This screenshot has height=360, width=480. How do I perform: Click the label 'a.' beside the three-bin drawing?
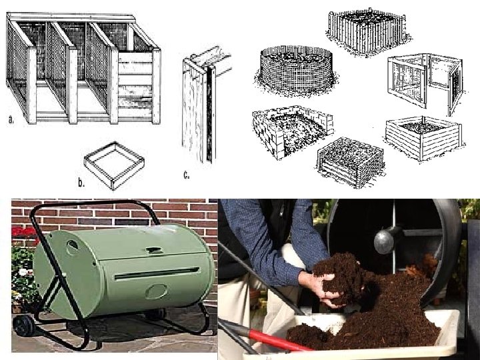pos(11,119)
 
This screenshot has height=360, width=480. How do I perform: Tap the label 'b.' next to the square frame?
pos(81,183)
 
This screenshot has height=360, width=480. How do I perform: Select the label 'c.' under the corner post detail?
pos(187,175)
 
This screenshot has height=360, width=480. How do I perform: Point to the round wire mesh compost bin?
pos(296,70)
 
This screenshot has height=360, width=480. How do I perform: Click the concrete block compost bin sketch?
pos(293,131)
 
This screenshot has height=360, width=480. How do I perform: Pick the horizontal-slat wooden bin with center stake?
pos(424,138)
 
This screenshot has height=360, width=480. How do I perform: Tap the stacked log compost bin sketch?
pos(350,161)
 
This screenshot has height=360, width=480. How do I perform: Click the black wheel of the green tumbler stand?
pos(23,326)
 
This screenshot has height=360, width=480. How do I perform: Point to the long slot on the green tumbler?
pos(157,273)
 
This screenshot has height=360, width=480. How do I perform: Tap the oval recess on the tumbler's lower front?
pos(156,291)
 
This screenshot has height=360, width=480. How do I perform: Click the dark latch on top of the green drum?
pos(155,251)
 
